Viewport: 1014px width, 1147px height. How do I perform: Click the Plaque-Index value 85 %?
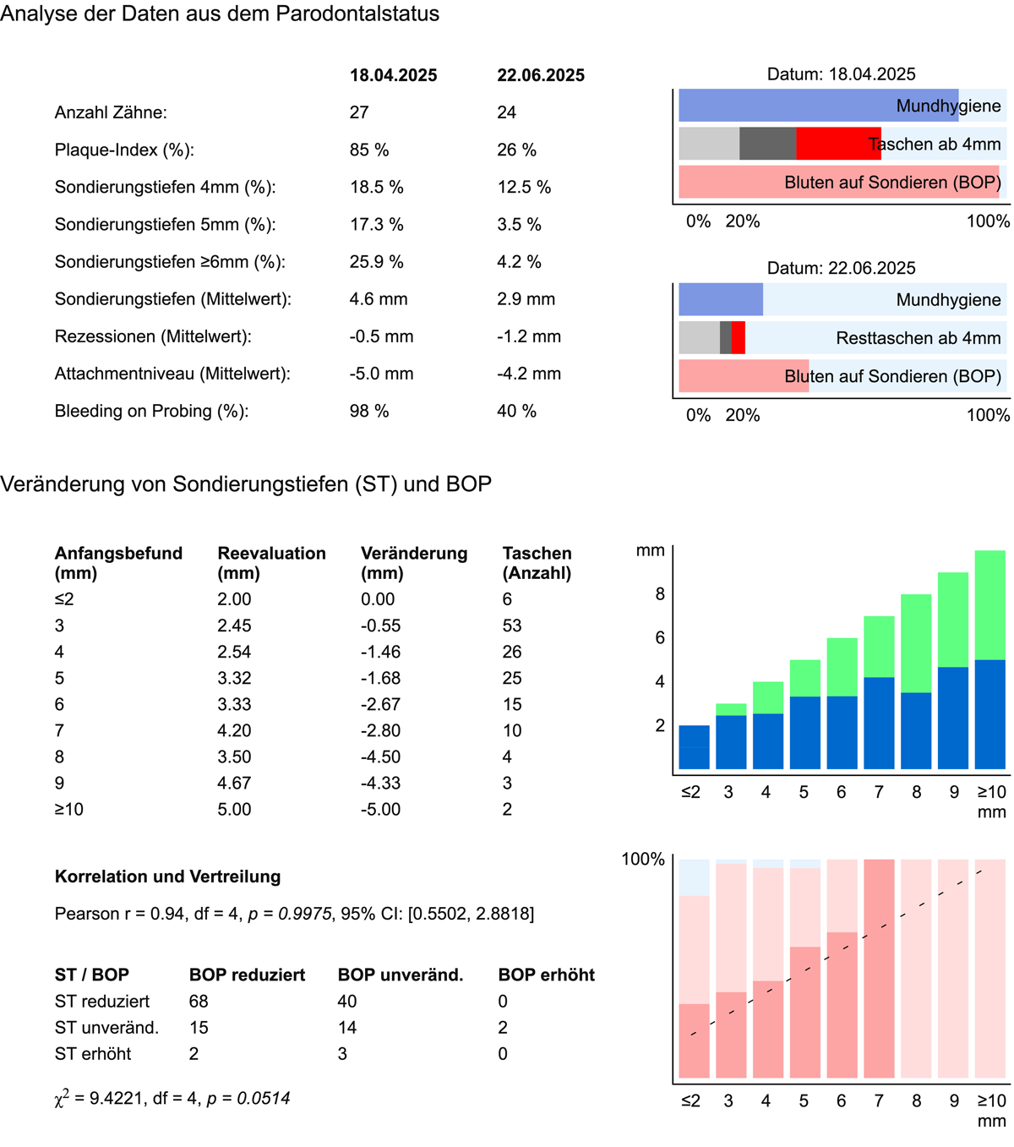coord(369,150)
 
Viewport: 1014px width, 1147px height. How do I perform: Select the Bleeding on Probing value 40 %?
coord(516,411)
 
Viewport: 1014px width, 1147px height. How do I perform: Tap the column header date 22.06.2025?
coord(541,75)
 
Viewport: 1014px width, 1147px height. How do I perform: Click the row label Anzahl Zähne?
coord(111,112)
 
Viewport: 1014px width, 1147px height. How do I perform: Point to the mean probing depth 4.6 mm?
coord(379,299)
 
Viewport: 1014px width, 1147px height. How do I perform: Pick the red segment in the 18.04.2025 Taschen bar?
coord(837,144)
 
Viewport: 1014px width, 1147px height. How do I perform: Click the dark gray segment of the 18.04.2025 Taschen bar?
coord(767,144)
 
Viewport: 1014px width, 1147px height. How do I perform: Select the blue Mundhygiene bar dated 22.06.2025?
coord(721,300)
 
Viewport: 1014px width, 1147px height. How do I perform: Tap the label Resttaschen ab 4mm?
coord(918,338)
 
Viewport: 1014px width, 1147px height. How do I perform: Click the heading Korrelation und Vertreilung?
coord(167,877)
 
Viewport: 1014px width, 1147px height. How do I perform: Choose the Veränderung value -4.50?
coord(380,756)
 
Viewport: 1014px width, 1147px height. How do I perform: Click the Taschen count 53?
coord(512,625)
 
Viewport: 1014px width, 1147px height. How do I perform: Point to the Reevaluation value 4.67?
coord(234,783)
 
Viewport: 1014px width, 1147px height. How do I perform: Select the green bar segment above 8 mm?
coord(916,643)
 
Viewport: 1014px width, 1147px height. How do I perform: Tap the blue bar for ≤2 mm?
coord(694,747)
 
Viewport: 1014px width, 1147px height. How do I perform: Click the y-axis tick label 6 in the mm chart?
coord(660,638)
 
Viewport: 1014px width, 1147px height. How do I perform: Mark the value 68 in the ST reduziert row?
coord(199,1001)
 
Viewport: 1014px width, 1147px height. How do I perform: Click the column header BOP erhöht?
coord(546,975)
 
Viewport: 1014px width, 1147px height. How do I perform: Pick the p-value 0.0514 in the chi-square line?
coord(263,1098)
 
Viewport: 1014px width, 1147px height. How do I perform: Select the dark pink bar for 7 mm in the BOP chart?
coord(879,969)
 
